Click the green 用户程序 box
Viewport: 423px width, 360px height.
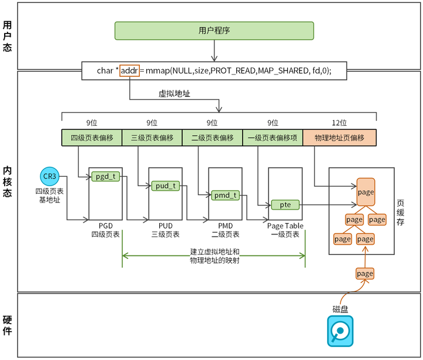[x=214, y=31]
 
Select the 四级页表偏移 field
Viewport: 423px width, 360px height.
[x=92, y=137]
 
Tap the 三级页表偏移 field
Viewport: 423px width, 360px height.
[x=152, y=137]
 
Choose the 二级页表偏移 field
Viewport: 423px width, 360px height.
[x=213, y=137]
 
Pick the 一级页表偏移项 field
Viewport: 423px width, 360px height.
[x=273, y=137]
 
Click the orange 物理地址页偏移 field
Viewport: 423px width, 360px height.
[x=339, y=137]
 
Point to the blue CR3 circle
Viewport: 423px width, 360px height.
[x=49, y=176]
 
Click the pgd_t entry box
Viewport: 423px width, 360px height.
[x=105, y=176]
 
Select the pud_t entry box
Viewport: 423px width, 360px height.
[x=165, y=186]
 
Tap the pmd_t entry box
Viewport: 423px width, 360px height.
[x=226, y=195]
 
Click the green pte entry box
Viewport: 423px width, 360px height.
[x=286, y=204]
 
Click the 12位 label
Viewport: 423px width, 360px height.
[x=339, y=123]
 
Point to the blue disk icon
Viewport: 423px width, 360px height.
[x=340, y=332]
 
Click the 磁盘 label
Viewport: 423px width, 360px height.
[x=340, y=309]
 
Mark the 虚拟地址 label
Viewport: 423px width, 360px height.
[x=174, y=93]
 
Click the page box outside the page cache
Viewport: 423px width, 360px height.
[x=365, y=274]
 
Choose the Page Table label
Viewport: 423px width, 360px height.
[x=286, y=226]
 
